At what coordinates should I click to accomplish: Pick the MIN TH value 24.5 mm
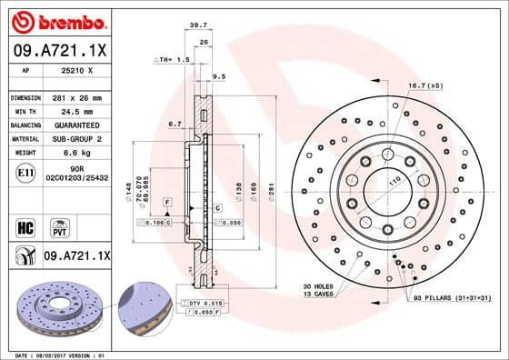75,111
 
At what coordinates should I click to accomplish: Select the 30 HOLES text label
320,286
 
